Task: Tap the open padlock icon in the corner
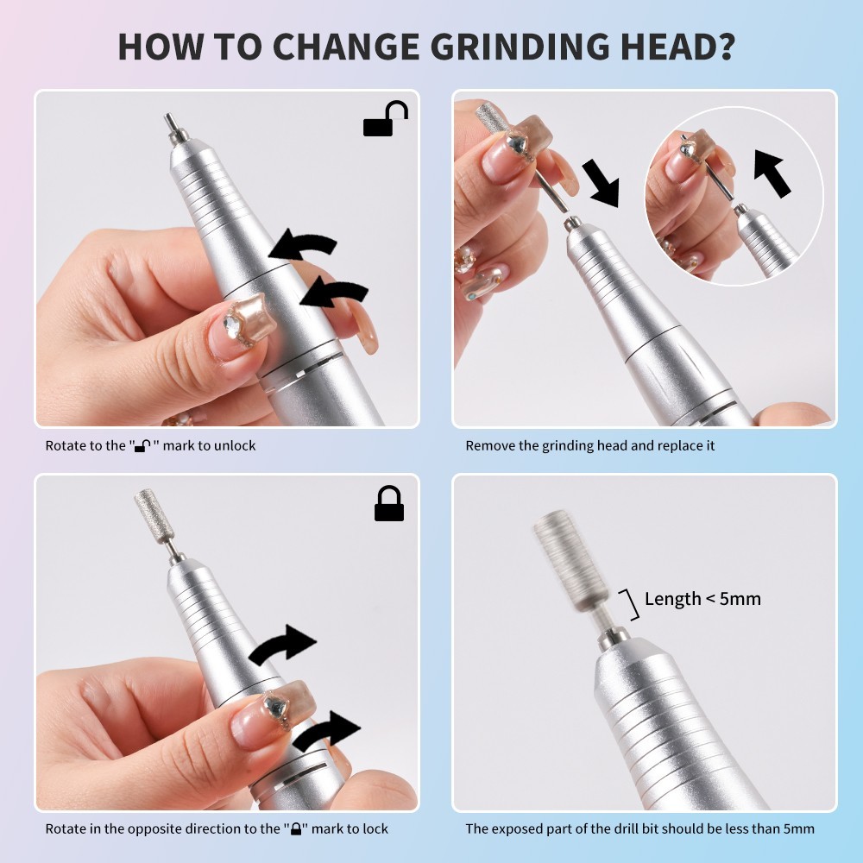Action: pos(385,119)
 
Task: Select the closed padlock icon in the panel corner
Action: pos(389,504)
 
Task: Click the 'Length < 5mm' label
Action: pos(702,598)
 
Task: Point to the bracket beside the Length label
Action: pos(631,604)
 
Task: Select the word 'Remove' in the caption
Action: pos(489,446)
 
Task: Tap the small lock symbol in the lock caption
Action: pos(296,829)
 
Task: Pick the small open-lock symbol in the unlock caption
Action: pos(143,446)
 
